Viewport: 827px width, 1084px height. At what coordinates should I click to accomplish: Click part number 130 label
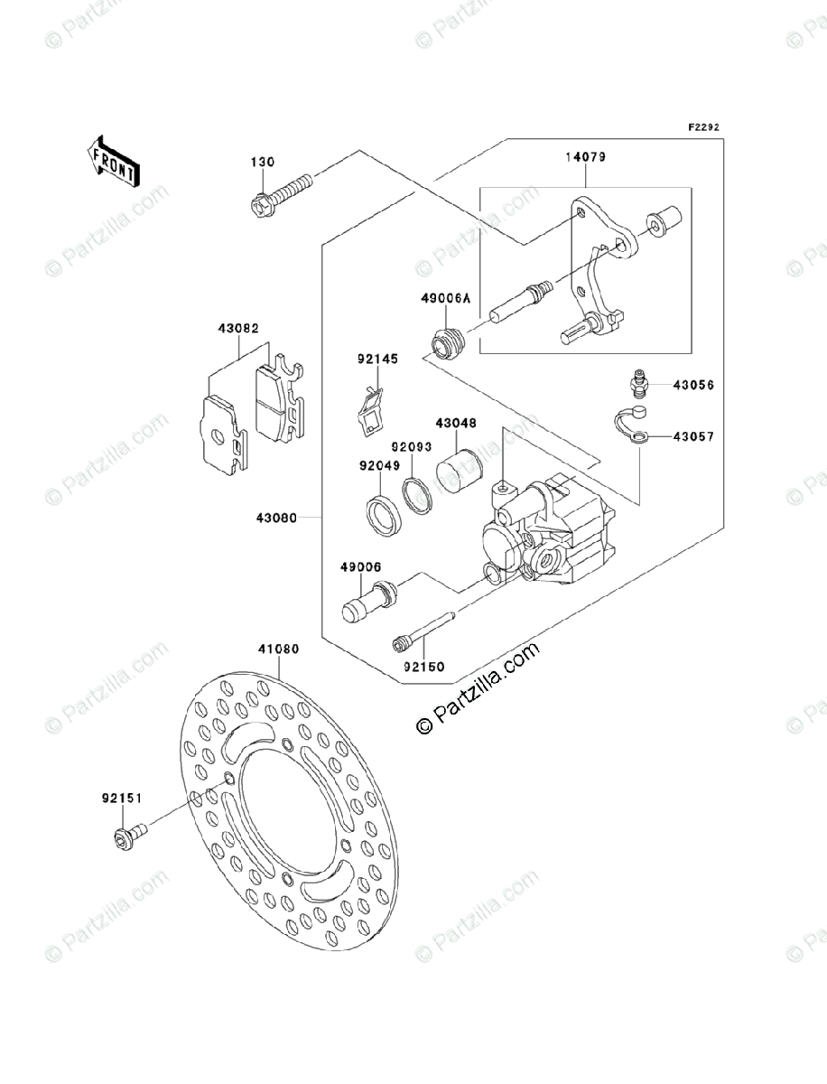pos(262,163)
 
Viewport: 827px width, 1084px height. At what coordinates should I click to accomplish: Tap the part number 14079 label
pos(585,156)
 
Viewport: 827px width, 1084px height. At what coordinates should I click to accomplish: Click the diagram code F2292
pos(703,127)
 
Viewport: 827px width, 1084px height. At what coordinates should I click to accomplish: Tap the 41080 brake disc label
pos(277,649)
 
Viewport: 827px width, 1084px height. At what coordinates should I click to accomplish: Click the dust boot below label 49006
pos(368,602)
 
